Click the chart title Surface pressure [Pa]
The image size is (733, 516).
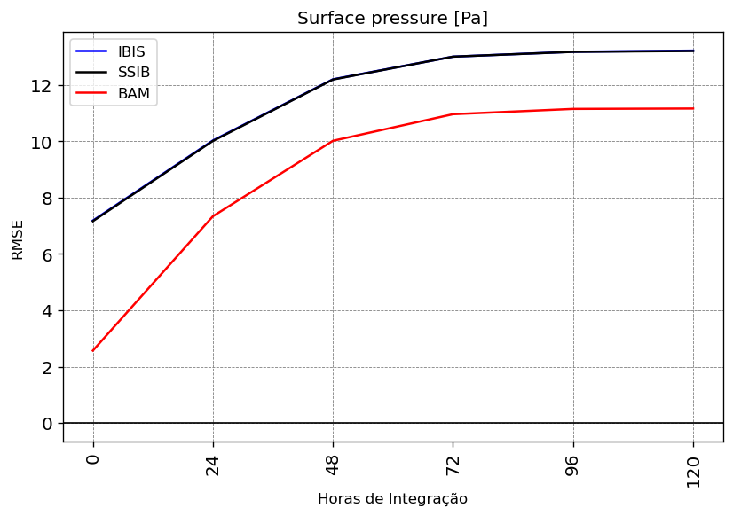point(392,19)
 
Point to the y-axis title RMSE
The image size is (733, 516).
point(17,240)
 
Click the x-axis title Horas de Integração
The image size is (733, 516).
point(392,499)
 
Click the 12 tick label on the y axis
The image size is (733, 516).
point(41,86)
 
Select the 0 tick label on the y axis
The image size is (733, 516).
point(47,424)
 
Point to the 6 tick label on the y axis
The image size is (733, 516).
point(47,254)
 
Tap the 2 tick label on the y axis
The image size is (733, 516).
point(47,368)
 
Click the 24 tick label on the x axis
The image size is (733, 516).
point(213,465)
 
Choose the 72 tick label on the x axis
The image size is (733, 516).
point(453,465)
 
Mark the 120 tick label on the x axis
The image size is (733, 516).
point(693,472)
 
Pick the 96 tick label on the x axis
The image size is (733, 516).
point(573,465)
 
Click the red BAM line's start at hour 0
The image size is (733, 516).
point(93,350)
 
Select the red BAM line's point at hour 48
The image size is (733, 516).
point(333,141)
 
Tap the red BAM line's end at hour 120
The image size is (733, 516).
point(693,108)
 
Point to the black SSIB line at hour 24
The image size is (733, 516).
point(213,140)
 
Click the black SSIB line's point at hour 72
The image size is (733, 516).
point(453,57)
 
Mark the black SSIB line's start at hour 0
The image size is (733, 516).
point(93,221)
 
